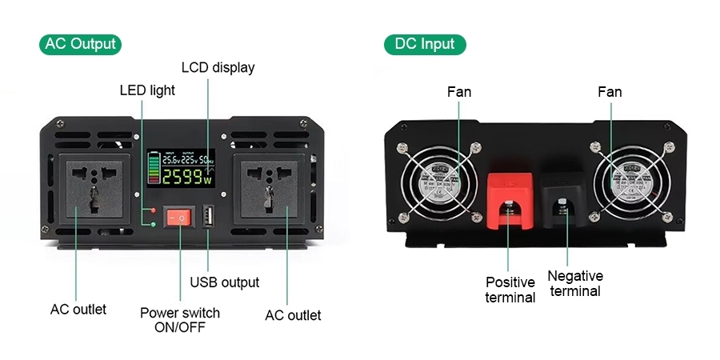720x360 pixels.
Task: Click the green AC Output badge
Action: [80, 44]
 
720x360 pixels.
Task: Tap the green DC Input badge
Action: [424, 44]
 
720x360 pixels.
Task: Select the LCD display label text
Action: [218, 67]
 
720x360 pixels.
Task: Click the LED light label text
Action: [147, 90]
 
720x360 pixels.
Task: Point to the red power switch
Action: [180, 217]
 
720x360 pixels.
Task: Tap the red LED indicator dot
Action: [153, 210]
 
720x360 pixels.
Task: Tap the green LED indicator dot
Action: [153, 223]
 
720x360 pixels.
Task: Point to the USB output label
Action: [224, 282]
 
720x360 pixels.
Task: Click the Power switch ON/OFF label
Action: [179, 319]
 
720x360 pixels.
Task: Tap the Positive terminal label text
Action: [510, 290]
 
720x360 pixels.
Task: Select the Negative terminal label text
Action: [575, 283]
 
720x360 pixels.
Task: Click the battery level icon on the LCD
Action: [153, 169]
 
